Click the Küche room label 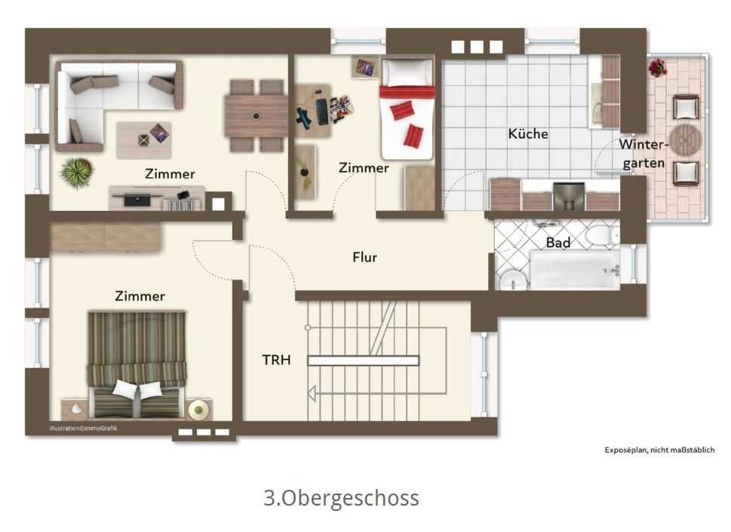[x=528, y=133]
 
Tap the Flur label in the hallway [x=364, y=257]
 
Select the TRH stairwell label [x=276, y=359]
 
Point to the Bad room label [x=558, y=243]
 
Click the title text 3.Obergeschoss [x=341, y=497]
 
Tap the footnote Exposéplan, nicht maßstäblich [x=659, y=450]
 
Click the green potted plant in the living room [x=76, y=173]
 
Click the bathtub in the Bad [x=576, y=270]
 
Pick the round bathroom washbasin [x=512, y=281]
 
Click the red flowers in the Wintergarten [x=657, y=67]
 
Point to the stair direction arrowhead [x=312, y=393]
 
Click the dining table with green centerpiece [x=256, y=116]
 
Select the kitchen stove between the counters [x=568, y=196]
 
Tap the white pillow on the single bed [x=407, y=72]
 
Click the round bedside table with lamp [x=199, y=410]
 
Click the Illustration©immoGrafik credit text [x=84, y=428]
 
